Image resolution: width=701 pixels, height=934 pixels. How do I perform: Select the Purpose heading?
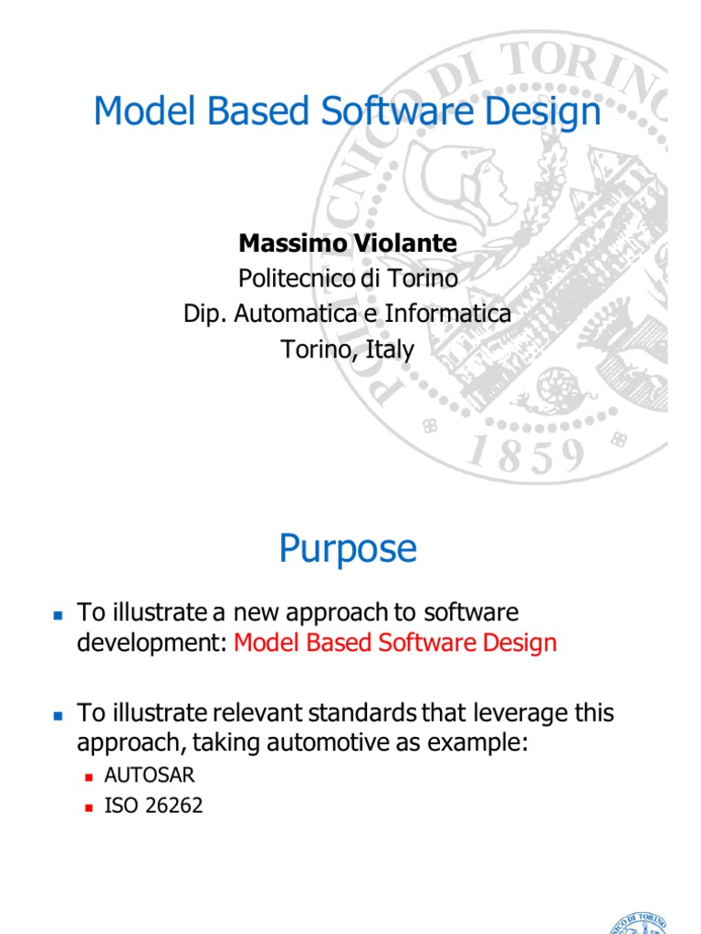click(x=348, y=549)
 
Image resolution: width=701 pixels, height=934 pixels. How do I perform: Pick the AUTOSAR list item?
click(x=150, y=776)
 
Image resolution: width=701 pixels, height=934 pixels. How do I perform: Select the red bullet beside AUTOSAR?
click(x=89, y=777)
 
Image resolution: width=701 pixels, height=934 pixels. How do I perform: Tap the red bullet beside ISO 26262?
click(x=89, y=807)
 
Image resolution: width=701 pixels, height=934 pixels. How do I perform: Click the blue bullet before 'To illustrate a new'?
click(x=58, y=615)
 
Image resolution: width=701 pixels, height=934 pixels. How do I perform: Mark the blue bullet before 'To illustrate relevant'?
click(x=58, y=716)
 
